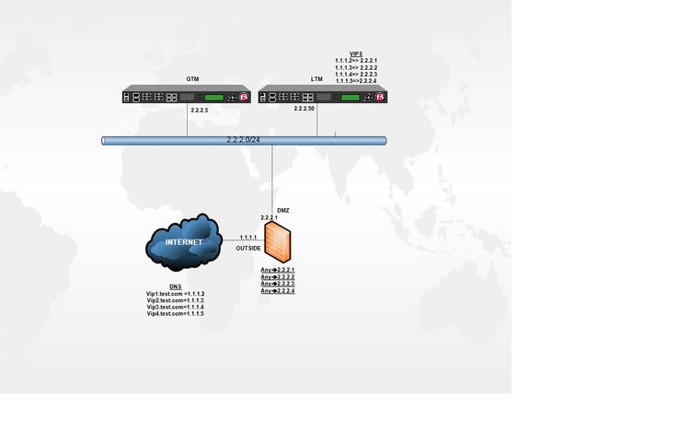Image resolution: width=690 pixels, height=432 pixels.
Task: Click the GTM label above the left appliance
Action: (x=192, y=79)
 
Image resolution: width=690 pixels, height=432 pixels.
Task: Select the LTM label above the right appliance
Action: (x=317, y=79)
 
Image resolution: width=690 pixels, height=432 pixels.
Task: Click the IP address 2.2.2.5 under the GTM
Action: (x=200, y=110)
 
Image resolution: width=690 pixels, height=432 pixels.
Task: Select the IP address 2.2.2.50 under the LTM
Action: (x=305, y=110)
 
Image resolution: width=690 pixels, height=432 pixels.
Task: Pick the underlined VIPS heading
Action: (x=355, y=54)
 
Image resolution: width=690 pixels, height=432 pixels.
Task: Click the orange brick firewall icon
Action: (x=281, y=244)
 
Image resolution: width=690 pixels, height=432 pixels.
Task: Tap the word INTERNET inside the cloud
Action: (x=184, y=242)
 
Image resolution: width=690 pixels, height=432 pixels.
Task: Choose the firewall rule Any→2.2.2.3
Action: (x=278, y=284)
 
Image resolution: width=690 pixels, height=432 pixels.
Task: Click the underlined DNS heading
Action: (x=175, y=287)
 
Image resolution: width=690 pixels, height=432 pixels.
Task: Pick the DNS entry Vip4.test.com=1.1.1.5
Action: (x=175, y=314)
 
